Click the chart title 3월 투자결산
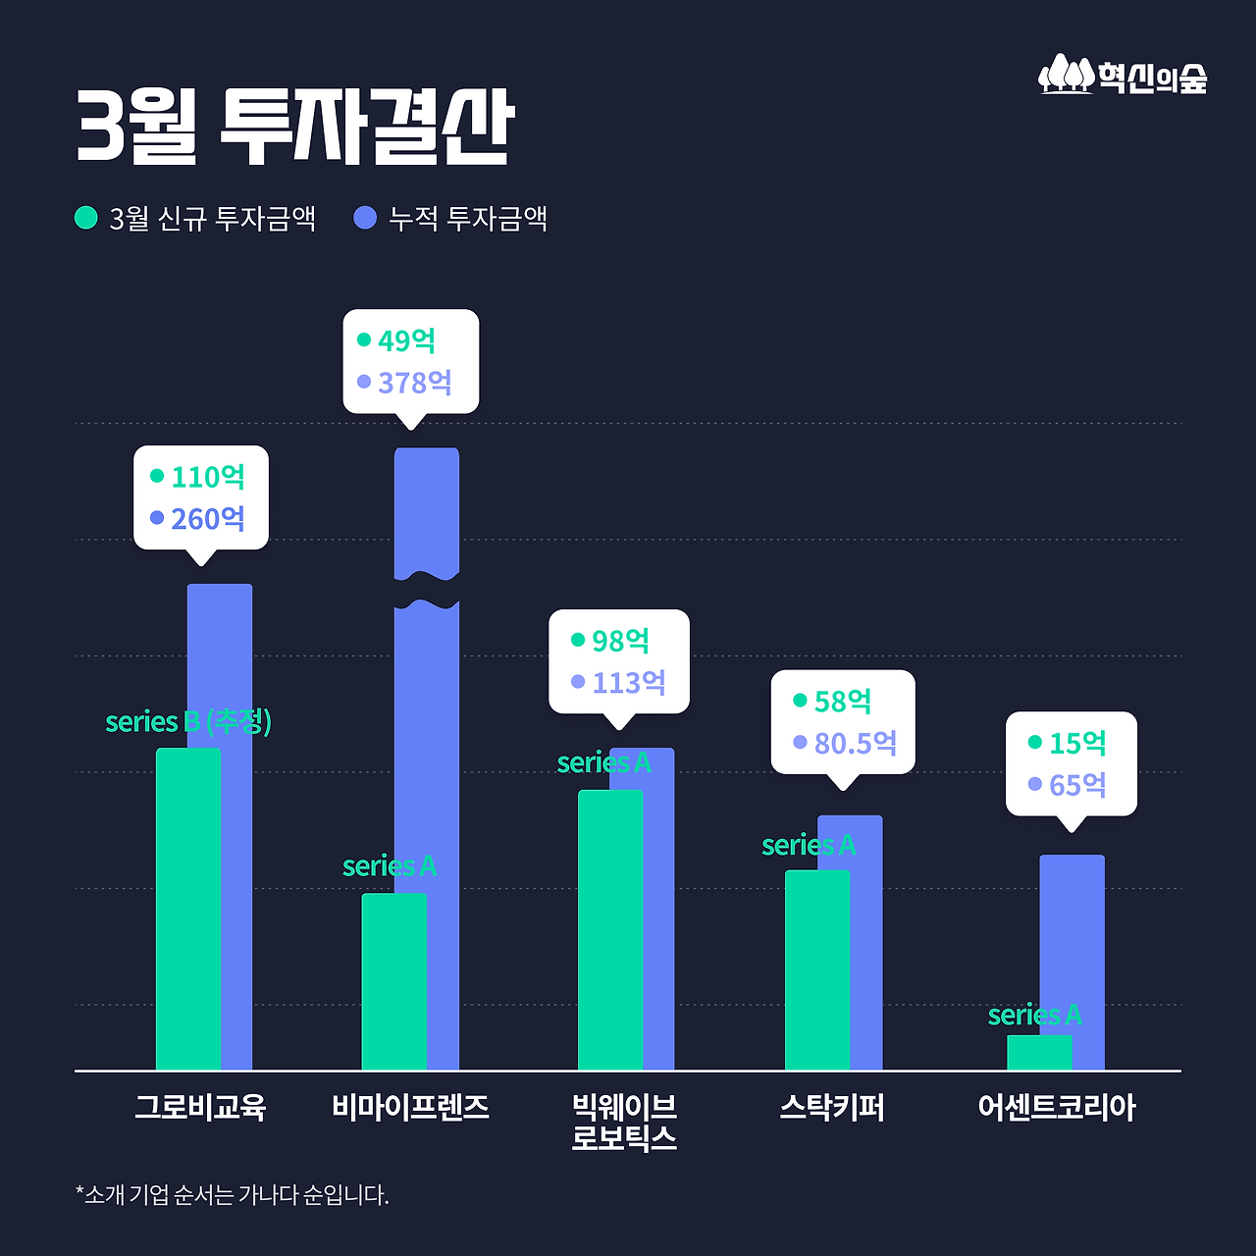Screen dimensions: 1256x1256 [294, 128]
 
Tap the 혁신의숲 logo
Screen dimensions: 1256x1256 [1123, 76]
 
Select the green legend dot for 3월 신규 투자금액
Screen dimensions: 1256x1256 [86, 217]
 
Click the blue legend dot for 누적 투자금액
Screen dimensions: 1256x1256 [365, 217]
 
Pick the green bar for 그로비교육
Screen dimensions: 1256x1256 [187, 908]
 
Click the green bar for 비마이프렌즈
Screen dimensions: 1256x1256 [393, 981]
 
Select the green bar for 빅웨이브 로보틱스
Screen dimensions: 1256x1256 [609, 929]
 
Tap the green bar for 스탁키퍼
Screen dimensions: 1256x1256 [816, 969]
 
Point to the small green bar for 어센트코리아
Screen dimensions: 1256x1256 [1039, 1052]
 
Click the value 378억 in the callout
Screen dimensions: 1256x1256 [414, 383]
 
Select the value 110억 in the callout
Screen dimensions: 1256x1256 [207, 477]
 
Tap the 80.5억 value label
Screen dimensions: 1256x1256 [855, 744]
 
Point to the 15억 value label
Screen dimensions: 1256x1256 [1077, 744]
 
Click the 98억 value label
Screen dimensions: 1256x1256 [620, 641]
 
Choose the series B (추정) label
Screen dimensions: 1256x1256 [188, 722]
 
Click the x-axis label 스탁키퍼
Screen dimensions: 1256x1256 [832, 1108]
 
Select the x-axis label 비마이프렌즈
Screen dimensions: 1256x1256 [410, 1108]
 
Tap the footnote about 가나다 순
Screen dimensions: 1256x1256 [233, 1195]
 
